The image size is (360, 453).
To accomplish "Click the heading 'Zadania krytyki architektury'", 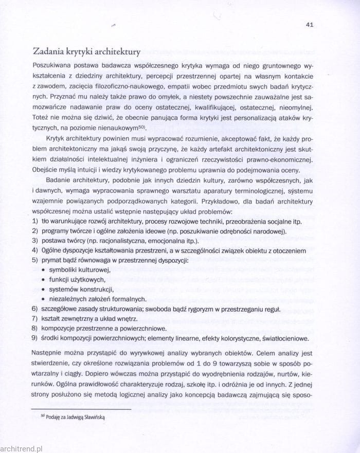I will point(86,52).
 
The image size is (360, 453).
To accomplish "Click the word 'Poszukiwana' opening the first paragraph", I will point(53,67).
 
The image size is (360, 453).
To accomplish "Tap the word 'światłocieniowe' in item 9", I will point(285,338).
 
